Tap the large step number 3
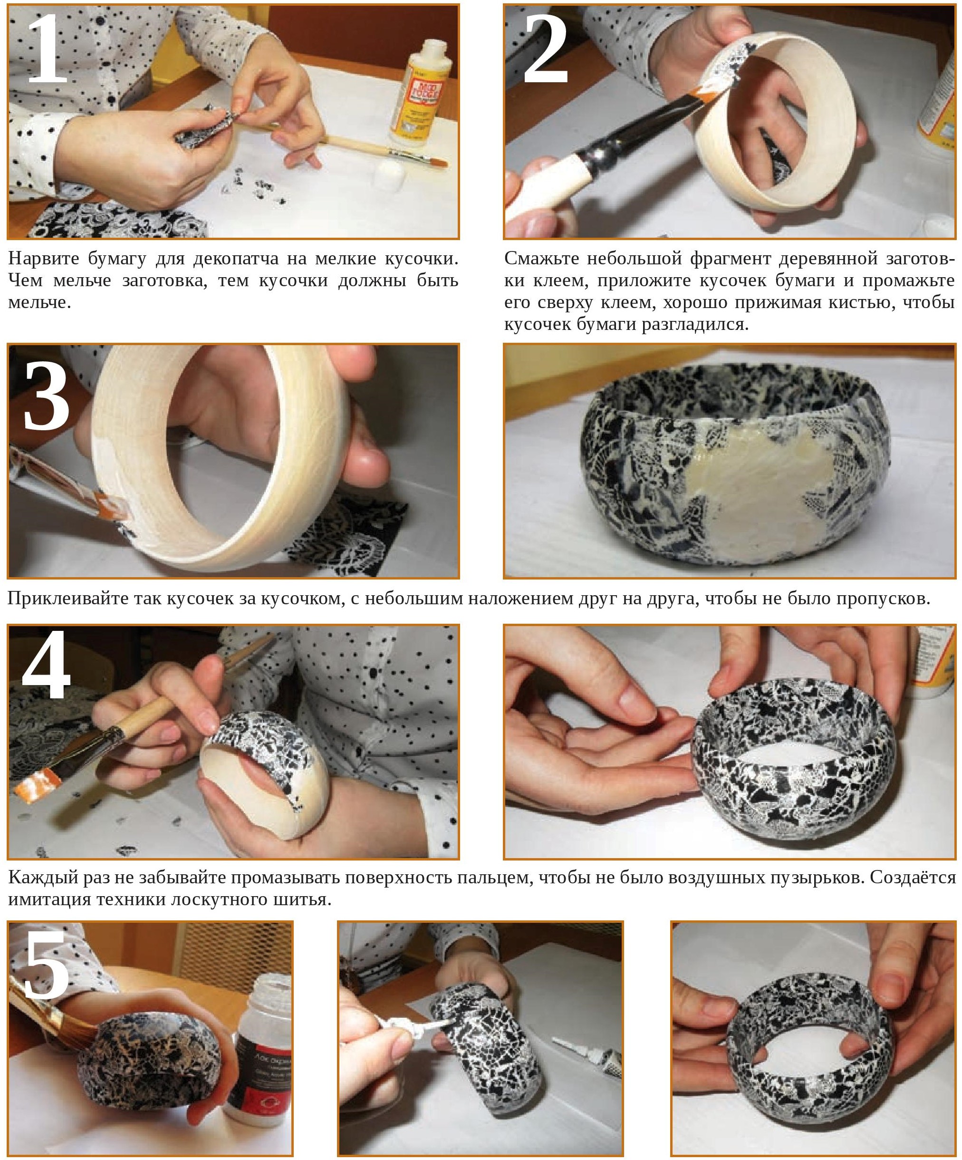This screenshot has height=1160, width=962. (x=47, y=396)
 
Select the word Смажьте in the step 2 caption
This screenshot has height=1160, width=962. (x=539, y=258)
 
